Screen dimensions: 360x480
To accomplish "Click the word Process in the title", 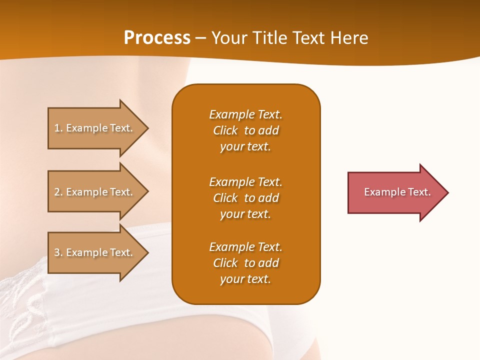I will point(157,38).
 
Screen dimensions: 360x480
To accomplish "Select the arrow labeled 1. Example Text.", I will point(95,128).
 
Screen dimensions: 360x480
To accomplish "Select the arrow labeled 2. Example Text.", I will point(95,192).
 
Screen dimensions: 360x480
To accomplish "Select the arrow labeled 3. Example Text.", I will point(95,252).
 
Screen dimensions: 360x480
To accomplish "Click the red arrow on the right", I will point(395,192).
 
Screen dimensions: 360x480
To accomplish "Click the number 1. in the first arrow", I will point(58,128).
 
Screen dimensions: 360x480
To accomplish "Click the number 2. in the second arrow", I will point(58,192).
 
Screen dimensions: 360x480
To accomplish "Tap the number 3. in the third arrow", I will point(58,252).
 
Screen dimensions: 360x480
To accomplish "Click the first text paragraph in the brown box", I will point(245,130).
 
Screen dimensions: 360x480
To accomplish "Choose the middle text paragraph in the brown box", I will point(245,198).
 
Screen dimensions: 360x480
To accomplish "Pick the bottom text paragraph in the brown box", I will point(245,263).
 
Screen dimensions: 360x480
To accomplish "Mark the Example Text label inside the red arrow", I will point(397,192).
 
